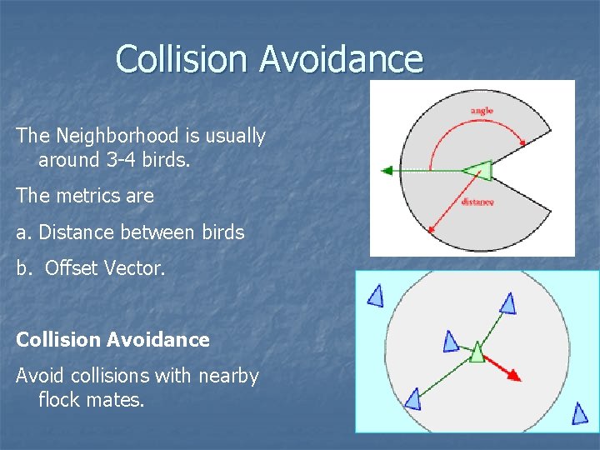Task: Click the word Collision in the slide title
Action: (x=182, y=59)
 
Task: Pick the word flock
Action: (x=61, y=400)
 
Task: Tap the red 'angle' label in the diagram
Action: (x=482, y=111)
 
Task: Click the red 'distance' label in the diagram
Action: (x=477, y=202)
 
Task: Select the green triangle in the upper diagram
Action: (x=480, y=171)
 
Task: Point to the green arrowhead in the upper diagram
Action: (x=387, y=171)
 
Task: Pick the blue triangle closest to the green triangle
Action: (x=451, y=342)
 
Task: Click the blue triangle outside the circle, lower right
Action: (x=579, y=412)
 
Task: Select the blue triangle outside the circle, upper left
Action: (x=376, y=295)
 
